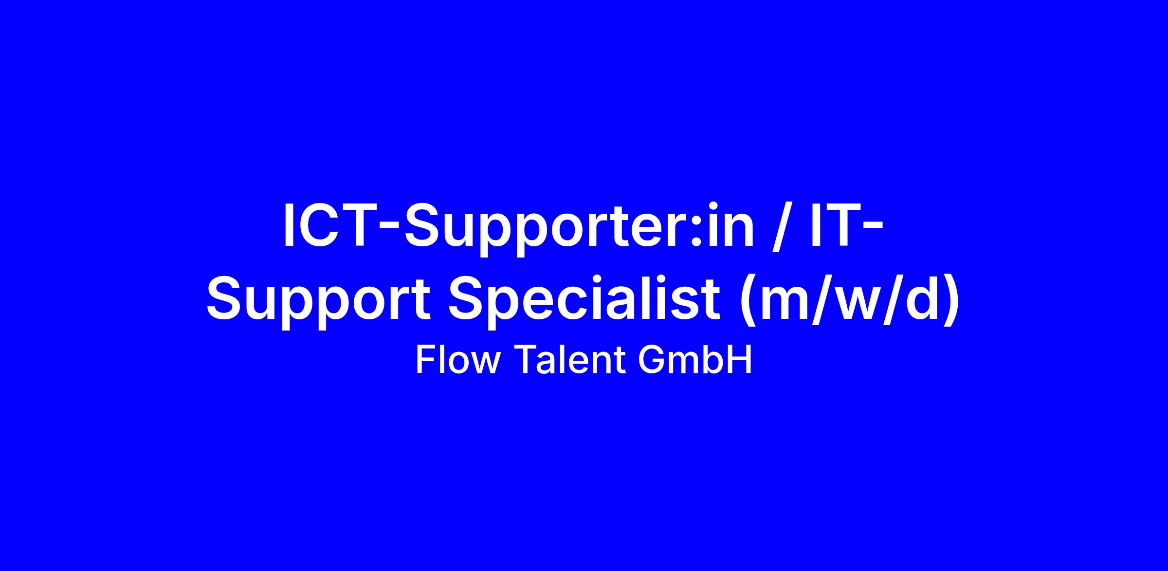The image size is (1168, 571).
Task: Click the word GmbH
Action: point(694,360)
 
